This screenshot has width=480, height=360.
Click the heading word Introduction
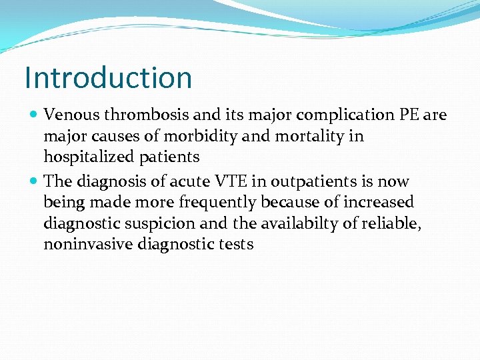pos(108,77)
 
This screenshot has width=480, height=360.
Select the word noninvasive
pos(90,245)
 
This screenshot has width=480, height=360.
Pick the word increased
pos(379,202)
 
